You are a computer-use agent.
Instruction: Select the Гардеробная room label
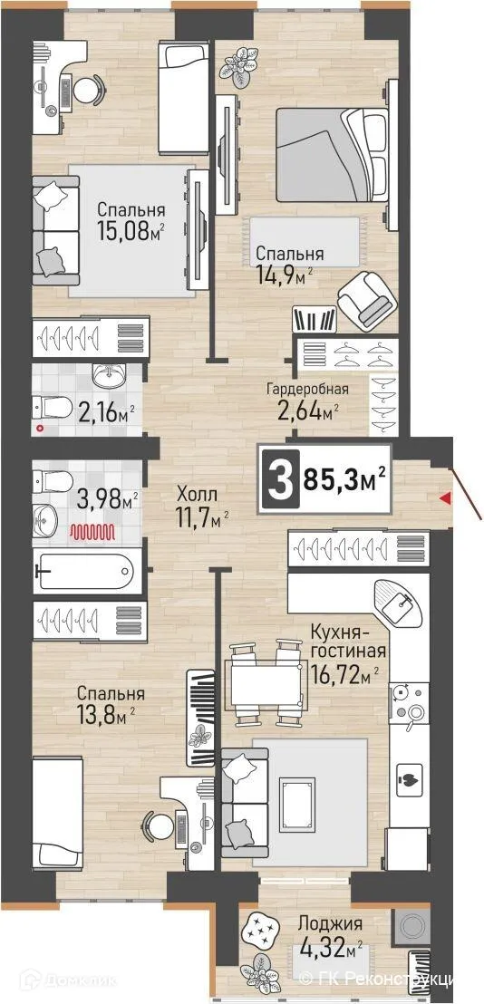coord(307,390)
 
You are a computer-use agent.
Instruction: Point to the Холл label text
coord(197,496)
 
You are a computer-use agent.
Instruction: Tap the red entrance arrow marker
coord(444,497)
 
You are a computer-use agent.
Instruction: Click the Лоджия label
coord(330,924)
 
